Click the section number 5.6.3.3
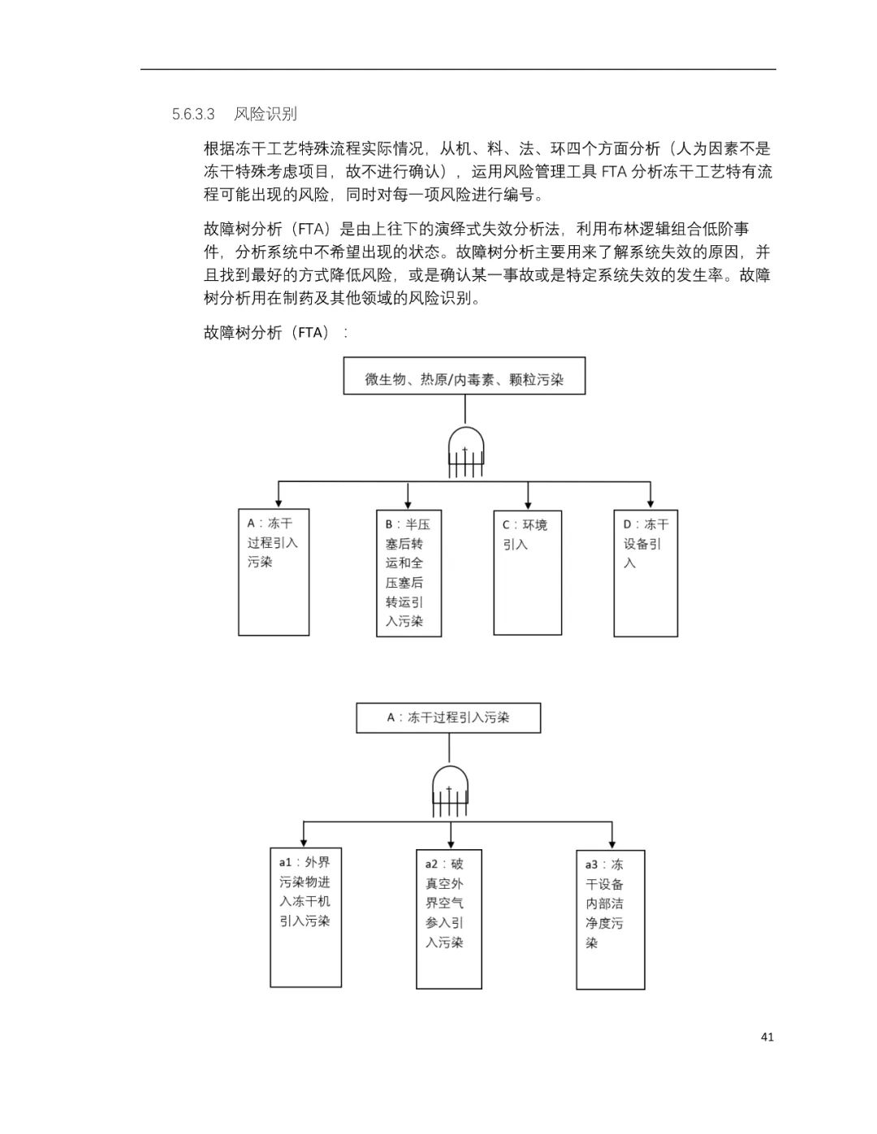coord(193,114)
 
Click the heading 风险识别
coord(266,114)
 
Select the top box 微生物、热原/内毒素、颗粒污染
coord(464,376)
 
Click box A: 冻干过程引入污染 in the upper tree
coord(274,572)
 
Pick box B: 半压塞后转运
coord(408,573)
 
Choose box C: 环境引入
coord(528,572)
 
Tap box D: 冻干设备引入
coord(646,573)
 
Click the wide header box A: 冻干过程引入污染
coord(448,718)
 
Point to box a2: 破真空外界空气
coord(449,919)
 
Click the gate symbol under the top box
coord(465,452)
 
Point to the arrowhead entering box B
coord(408,505)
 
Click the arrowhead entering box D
coord(650,504)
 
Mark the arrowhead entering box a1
coord(304,843)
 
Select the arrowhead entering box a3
coord(611,845)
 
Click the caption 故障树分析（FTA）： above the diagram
coord(275,333)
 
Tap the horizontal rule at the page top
coord(458,69)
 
